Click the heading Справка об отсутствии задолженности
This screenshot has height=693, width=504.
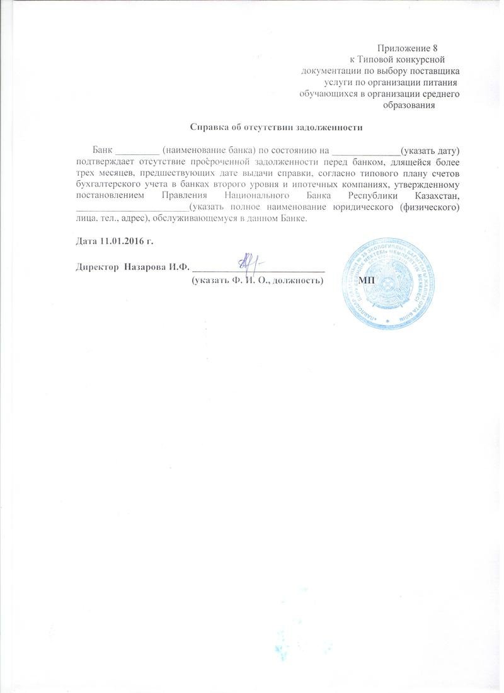click(x=277, y=127)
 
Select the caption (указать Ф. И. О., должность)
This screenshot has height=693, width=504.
click(x=258, y=279)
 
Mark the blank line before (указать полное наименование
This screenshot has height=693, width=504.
click(x=132, y=208)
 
